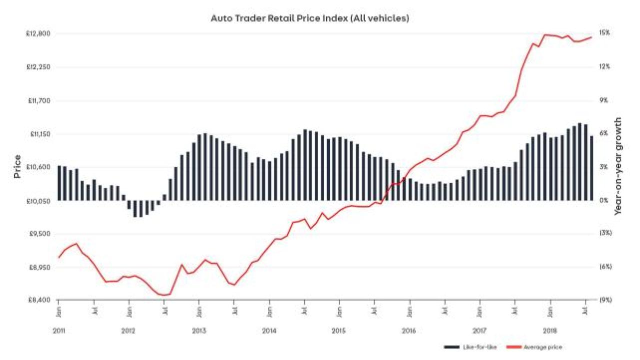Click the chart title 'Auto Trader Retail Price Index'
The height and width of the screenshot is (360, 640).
[x=309, y=18]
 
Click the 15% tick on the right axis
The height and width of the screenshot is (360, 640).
[x=604, y=33]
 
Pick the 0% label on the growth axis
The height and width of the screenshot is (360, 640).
[x=604, y=200]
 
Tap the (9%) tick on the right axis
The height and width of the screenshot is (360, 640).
[x=605, y=300]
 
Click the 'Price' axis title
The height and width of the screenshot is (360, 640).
[x=17, y=167]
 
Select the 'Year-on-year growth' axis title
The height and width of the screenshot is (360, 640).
[x=618, y=166]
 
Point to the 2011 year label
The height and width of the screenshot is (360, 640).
[x=58, y=331]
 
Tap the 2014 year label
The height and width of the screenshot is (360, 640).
[x=269, y=331]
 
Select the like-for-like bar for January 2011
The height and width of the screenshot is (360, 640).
[x=59, y=183]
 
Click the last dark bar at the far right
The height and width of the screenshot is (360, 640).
[x=591, y=168]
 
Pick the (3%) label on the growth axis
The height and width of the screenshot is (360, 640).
[x=605, y=233]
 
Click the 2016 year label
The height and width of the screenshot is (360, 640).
[x=409, y=331]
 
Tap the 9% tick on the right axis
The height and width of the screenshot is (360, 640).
[x=604, y=100]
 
